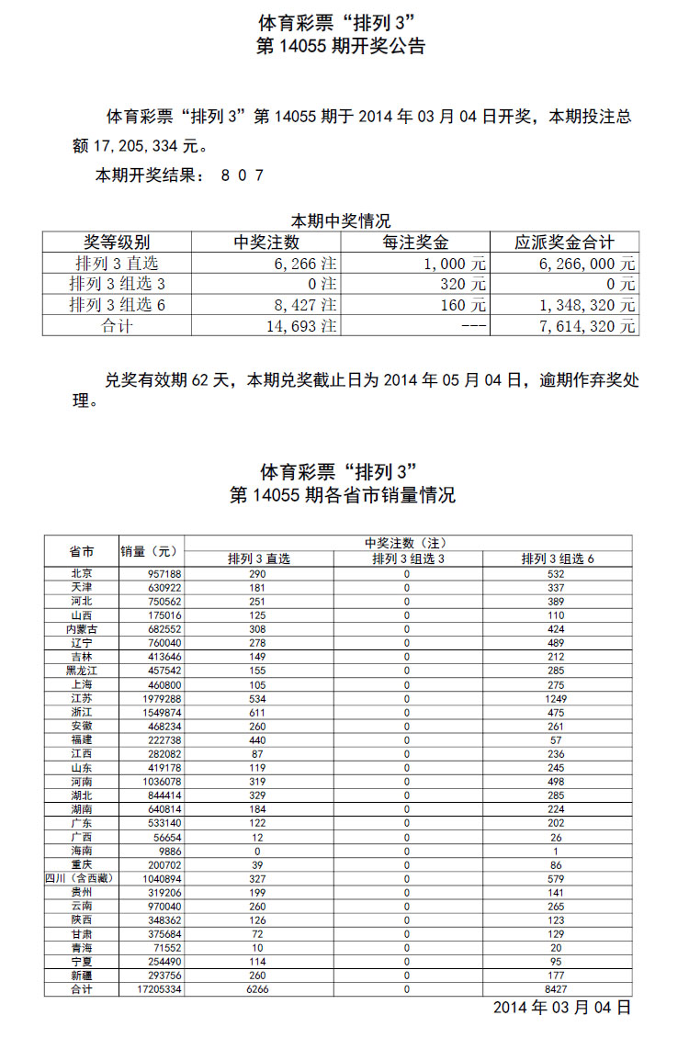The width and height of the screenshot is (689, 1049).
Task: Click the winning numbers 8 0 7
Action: coord(243,175)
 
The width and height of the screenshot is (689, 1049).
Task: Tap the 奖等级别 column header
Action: coord(117,243)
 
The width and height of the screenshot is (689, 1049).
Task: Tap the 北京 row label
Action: coord(82,573)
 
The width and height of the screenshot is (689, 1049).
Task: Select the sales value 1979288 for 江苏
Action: coord(152,697)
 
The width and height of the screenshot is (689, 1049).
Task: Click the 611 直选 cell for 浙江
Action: coord(258,711)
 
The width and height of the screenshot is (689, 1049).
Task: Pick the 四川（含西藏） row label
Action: coord(82,878)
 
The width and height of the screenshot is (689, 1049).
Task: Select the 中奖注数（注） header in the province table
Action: coord(406,543)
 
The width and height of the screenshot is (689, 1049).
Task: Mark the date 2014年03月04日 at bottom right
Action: coord(562,1008)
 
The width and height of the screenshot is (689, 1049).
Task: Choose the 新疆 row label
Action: coord(82,976)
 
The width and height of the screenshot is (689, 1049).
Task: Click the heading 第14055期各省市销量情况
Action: coord(342,495)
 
